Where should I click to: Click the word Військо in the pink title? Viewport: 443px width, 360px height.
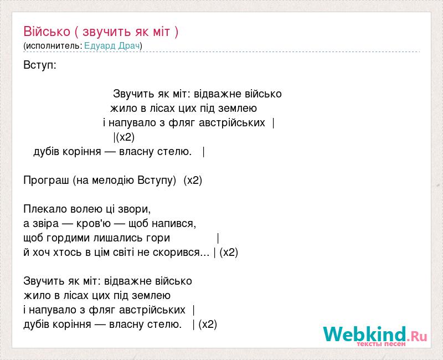point(47,32)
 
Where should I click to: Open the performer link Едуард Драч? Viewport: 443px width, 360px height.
point(112,45)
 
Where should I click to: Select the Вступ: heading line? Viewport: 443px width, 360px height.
point(40,65)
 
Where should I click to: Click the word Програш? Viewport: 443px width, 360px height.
point(46,181)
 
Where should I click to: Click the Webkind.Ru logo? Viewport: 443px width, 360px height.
point(375,335)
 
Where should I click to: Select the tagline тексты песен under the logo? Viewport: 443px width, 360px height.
point(381,344)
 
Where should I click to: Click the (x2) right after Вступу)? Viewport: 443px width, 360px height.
point(193,181)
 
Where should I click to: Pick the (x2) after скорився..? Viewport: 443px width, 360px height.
point(229,253)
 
